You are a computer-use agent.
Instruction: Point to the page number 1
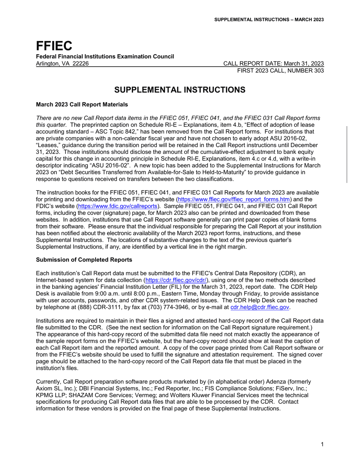tap(322, 444)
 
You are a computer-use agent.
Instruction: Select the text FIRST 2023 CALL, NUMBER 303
tap(280, 71)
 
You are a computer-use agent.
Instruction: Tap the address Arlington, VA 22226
tap(63, 63)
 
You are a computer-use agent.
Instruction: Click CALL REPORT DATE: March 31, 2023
tap(274, 63)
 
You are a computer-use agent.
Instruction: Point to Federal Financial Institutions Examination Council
tap(105, 56)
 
